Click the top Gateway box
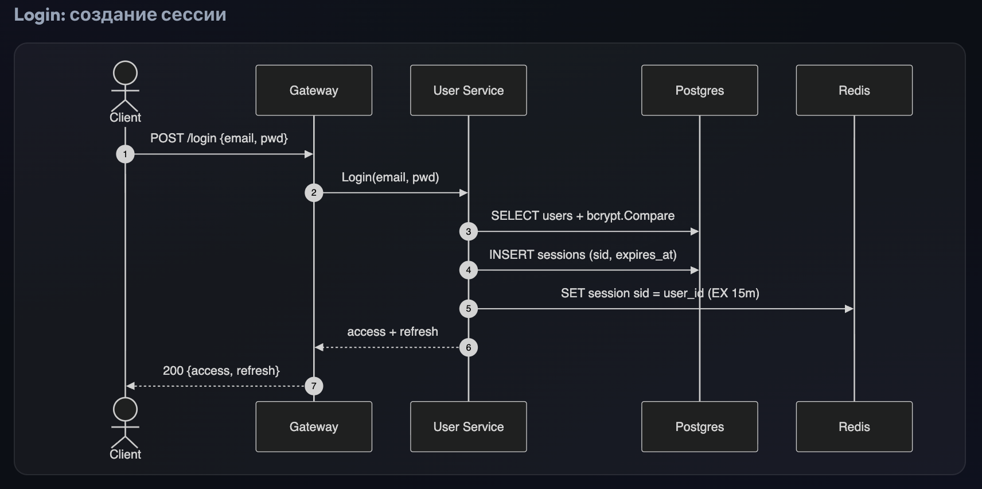point(314,90)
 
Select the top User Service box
point(468,90)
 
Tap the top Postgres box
point(700,90)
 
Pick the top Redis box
point(854,90)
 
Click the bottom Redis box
point(854,426)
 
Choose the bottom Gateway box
point(314,426)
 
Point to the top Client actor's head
point(126,73)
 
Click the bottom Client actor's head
point(126,409)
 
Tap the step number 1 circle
point(126,154)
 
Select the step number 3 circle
point(468,231)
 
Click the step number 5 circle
point(468,309)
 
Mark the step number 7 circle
point(314,386)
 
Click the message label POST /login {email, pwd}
point(219,138)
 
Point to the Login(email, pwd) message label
point(390,177)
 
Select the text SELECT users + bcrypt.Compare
point(583,216)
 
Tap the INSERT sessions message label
point(583,255)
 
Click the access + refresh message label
point(392,332)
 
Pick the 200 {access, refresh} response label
point(221,371)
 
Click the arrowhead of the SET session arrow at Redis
point(849,309)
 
